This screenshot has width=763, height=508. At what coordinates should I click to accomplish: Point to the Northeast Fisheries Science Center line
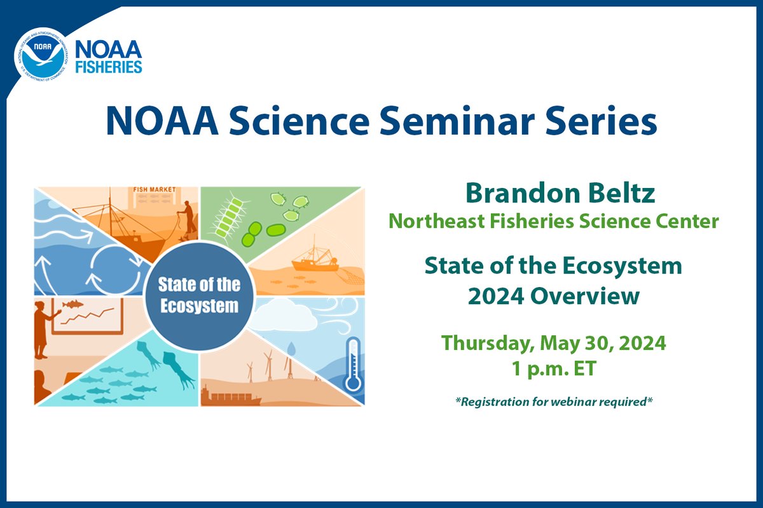(554, 221)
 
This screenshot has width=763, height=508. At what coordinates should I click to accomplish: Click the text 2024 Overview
(554, 296)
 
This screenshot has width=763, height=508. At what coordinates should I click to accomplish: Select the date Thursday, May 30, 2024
(554, 343)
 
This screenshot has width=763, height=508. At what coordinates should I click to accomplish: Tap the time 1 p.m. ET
(554, 368)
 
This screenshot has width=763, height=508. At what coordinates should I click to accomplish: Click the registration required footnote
(554, 402)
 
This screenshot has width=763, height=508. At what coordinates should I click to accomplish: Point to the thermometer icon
(351, 365)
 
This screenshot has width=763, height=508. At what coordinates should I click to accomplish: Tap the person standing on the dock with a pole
(187, 216)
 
